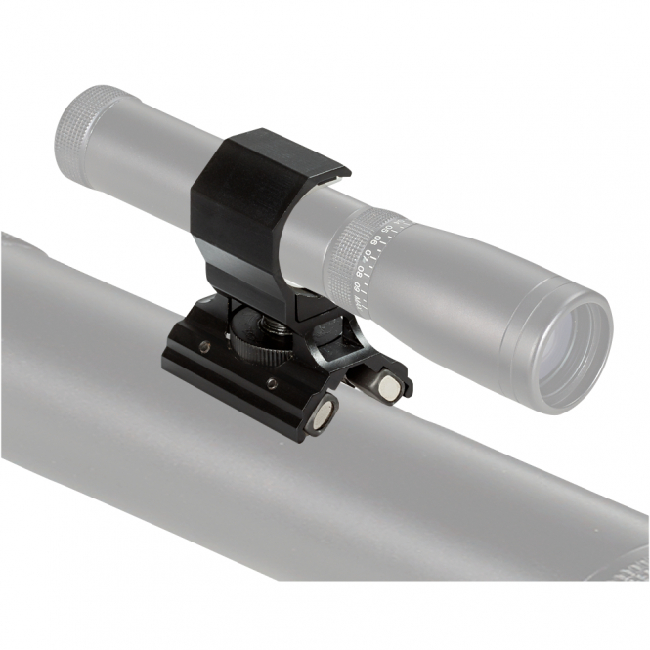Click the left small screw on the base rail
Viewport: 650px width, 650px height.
[204, 347]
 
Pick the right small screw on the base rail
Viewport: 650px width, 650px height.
[270, 383]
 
